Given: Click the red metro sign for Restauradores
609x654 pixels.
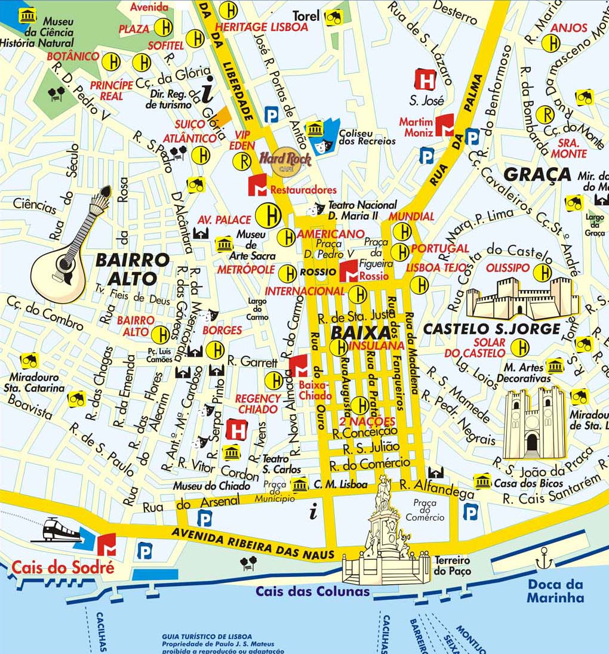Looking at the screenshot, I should tap(258, 186).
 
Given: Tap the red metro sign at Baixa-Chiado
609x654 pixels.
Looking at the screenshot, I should tap(299, 365).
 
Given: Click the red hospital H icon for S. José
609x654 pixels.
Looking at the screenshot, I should tap(425, 80).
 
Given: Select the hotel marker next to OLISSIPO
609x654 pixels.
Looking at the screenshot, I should tap(542, 273).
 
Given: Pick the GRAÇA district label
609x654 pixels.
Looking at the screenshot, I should tap(537, 174).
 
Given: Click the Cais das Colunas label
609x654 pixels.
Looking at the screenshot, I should tap(313, 592).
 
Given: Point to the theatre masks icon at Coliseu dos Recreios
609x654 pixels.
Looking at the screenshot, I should tap(327, 141).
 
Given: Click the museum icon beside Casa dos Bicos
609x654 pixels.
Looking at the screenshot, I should tap(482, 480).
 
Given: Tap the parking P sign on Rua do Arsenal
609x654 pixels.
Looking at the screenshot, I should tap(204, 519).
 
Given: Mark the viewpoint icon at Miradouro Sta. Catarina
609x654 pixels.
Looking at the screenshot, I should tap(29, 360).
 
